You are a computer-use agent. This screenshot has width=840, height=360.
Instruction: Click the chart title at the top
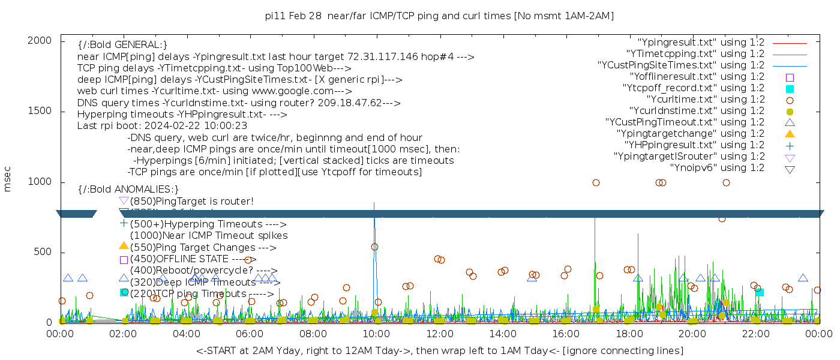[x=439, y=16]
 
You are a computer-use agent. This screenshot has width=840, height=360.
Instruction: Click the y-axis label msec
[x=8, y=179]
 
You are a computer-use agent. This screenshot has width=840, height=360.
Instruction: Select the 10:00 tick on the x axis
[x=376, y=333]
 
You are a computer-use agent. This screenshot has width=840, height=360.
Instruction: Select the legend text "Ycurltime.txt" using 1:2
[x=705, y=100]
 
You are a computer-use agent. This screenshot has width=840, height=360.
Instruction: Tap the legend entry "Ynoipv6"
[x=717, y=168]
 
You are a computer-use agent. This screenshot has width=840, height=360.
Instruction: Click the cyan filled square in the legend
[x=790, y=89]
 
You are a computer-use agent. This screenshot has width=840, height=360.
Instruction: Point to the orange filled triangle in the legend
[x=790, y=134]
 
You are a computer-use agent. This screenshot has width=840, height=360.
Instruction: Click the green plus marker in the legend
[x=790, y=145]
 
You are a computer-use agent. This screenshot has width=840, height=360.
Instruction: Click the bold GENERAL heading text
[x=122, y=45]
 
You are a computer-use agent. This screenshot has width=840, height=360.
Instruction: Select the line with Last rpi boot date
[x=162, y=126]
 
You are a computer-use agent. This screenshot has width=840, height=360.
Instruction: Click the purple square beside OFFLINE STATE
[x=124, y=260]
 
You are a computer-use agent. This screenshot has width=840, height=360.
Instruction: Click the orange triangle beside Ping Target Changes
[x=124, y=246]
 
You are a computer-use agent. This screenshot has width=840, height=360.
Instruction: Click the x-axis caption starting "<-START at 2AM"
[x=439, y=350]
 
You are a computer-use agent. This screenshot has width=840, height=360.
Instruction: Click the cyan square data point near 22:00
[x=760, y=292]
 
